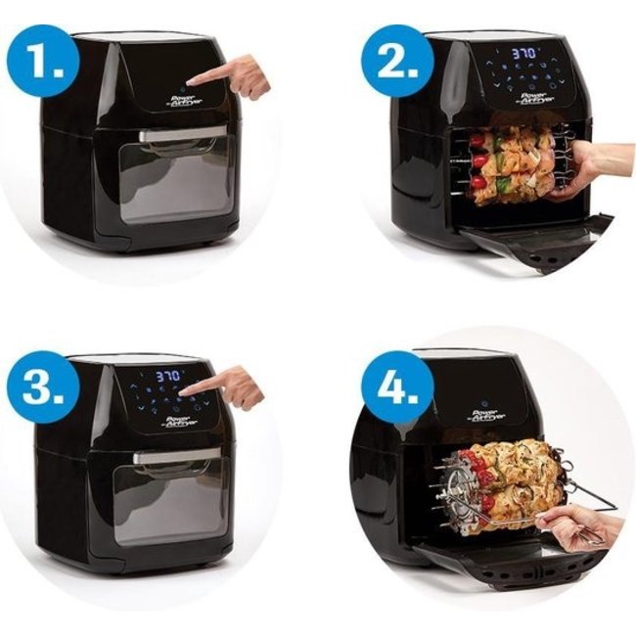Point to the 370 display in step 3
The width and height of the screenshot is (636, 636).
tap(170, 375)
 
